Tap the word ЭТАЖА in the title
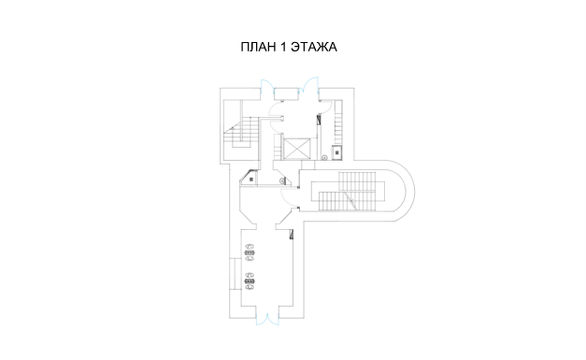pyautogui.click(x=314, y=47)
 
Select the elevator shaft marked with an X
pyautogui.click(x=296, y=149)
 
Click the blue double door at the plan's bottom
pyautogui.click(x=267, y=320)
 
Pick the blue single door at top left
pyautogui.click(x=267, y=86)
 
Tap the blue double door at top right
pyautogui.click(x=309, y=84)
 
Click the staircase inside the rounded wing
pyautogui.click(x=346, y=191)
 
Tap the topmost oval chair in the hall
pyautogui.click(x=250, y=246)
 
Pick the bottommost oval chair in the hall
pyautogui.click(x=250, y=287)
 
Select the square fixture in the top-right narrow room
pyautogui.click(x=337, y=152)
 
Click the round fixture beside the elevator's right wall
pyautogui.click(x=324, y=158)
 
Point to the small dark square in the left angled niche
pyautogui.click(x=251, y=180)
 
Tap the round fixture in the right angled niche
pyautogui.click(x=282, y=180)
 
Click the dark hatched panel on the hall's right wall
pyautogui.click(x=292, y=234)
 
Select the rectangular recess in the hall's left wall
pyautogui.click(x=236, y=274)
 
